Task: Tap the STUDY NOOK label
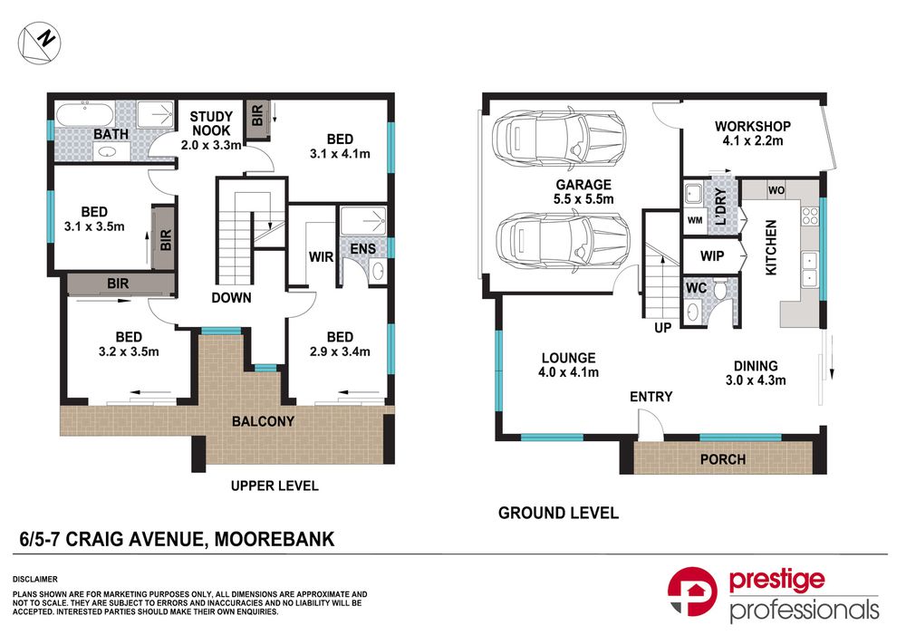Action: click(x=211, y=123)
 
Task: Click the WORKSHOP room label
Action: click(x=752, y=126)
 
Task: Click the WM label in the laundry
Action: click(x=695, y=219)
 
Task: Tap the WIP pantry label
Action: click(x=711, y=256)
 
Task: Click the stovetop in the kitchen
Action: click(x=810, y=216)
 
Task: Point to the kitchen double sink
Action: click(x=810, y=265)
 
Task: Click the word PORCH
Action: click(x=723, y=459)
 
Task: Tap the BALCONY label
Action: click(x=262, y=421)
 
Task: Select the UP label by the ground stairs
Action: click(x=662, y=327)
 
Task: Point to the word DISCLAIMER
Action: click(x=35, y=578)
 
